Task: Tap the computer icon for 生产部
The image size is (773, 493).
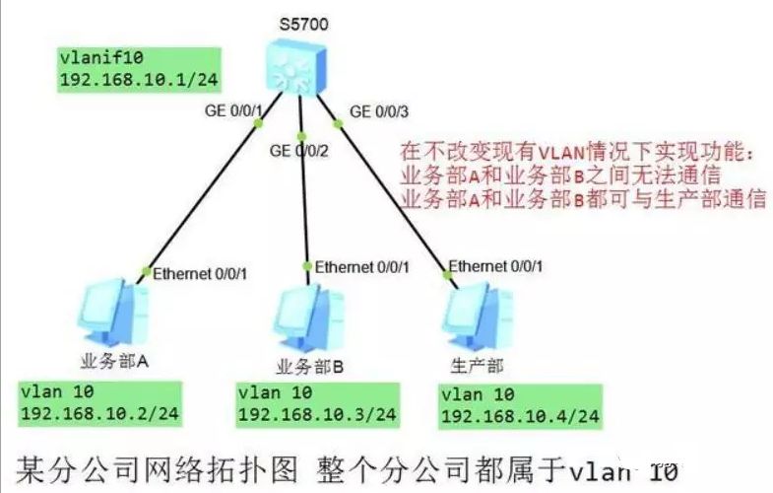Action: pyautogui.click(x=471, y=313)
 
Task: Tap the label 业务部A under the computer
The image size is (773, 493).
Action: pyautogui.click(x=111, y=362)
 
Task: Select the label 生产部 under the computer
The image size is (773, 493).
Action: pyautogui.click(x=480, y=365)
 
